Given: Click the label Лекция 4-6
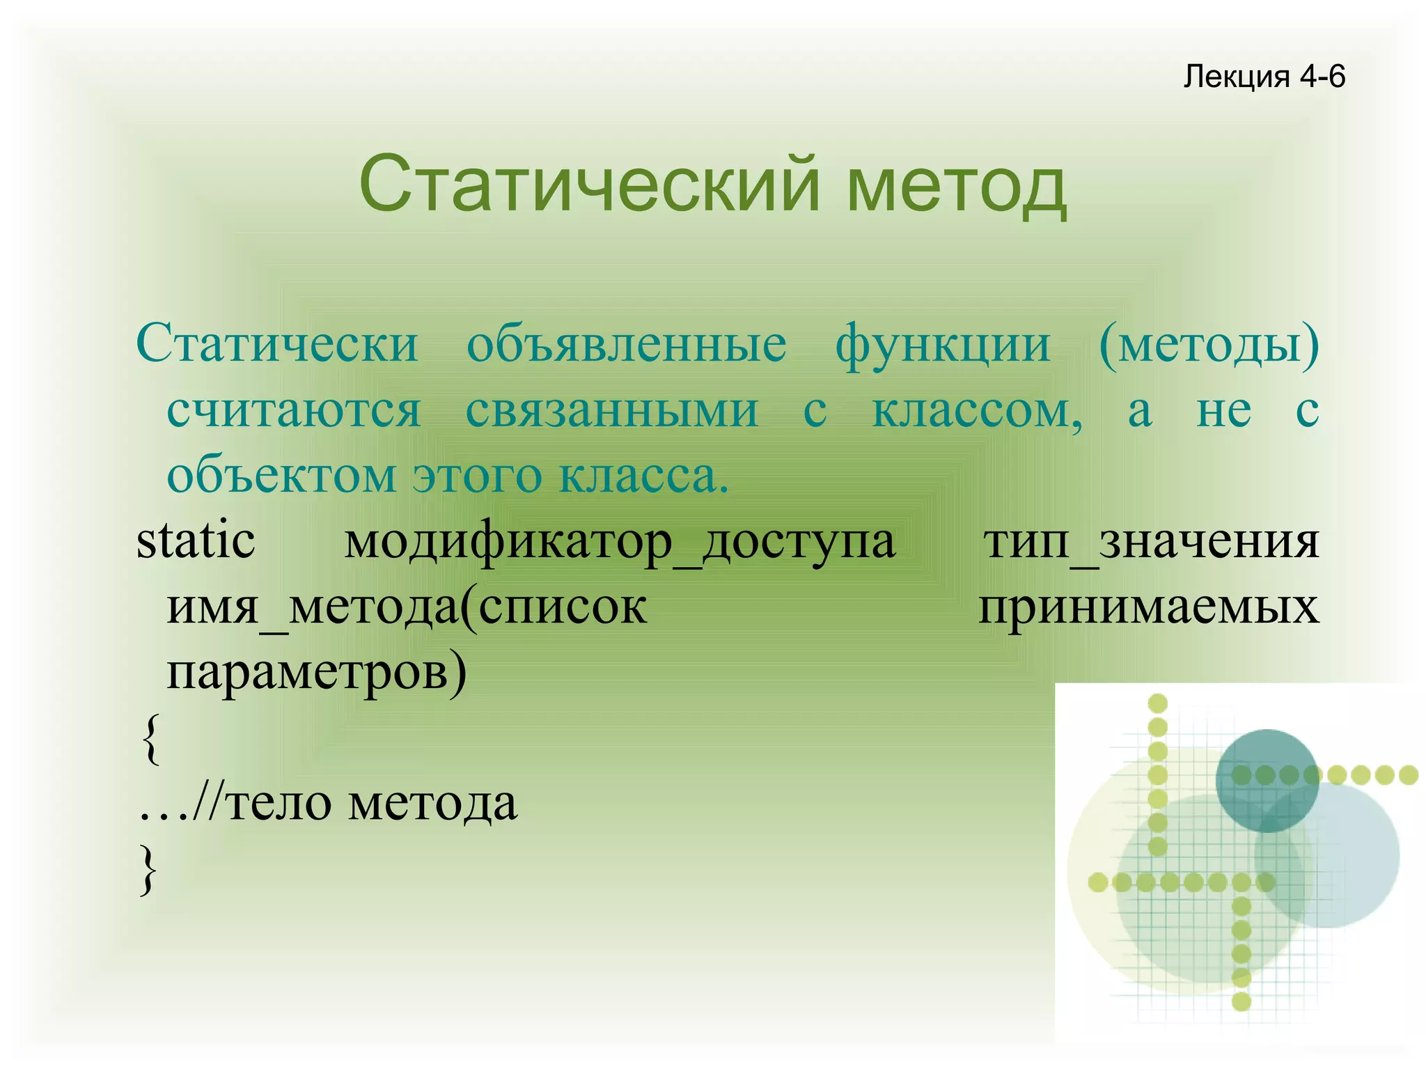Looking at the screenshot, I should pyautogui.click(x=1264, y=76).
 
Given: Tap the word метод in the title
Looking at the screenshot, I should pyautogui.click(x=957, y=187).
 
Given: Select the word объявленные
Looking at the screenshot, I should pyautogui.click(x=626, y=344).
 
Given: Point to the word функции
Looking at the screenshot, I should pyautogui.click(x=943, y=345).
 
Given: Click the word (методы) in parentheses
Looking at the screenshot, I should pyautogui.click(x=1209, y=345).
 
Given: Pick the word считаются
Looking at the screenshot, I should pyautogui.click(x=294, y=411).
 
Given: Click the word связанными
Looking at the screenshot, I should pyautogui.click(x=612, y=411).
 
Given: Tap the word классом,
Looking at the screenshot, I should pyautogui.click(x=977, y=411).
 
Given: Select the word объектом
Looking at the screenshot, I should pyautogui.click(x=281, y=476).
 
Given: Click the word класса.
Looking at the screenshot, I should pyautogui.click(x=643, y=476).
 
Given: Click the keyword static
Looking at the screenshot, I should pyautogui.click(x=196, y=541).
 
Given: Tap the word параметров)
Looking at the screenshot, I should pyautogui.click(x=317, y=673).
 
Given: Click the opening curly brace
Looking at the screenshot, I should pyautogui.click(x=150, y=738).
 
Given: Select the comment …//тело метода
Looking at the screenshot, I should pyautogui.click(x=328, y=804).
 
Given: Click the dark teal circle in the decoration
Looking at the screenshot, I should pyautogui.click(x=1267, y=780).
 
